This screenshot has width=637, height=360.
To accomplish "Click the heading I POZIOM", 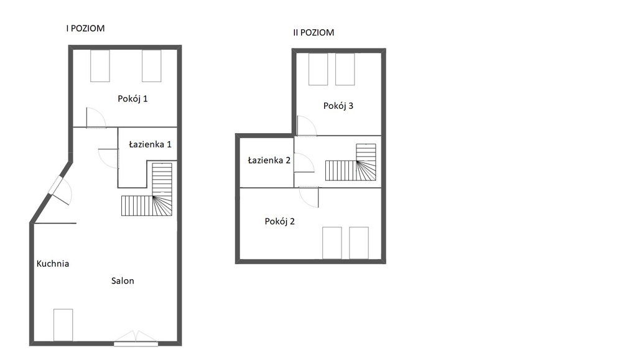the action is pyautogui.click(x=85, y=29).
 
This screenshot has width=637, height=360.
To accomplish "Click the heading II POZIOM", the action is pyautogui.click(x=314, y=32).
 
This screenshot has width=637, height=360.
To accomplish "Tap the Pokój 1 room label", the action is pyautogui.click(x=133, y=99).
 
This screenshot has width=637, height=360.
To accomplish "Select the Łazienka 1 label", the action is pyautogui.click(x=150, y=144).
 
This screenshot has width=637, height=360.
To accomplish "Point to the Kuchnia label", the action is pyautogui.click(x=53, y=264).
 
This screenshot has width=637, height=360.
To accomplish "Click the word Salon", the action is pyautogui.click(x=123, y=281).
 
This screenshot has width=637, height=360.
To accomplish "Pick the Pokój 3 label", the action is pyautogui.click(x=338, y=106).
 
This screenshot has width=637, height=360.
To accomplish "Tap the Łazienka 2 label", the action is pyautogui.click(x=269, y=160).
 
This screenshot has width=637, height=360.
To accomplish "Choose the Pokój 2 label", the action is pyautogui.click(x=279, y=221).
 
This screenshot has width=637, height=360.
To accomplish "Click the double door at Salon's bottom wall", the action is pyautogui.click(x=136, y=338).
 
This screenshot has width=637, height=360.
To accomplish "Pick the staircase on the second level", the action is pyautogui.click(x=351, y=162).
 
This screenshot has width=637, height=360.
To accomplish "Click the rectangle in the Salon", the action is pyautogui.click(x=63, y=325).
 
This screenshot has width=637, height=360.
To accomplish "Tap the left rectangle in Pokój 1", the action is pyautogui.click(x=100, y=66).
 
